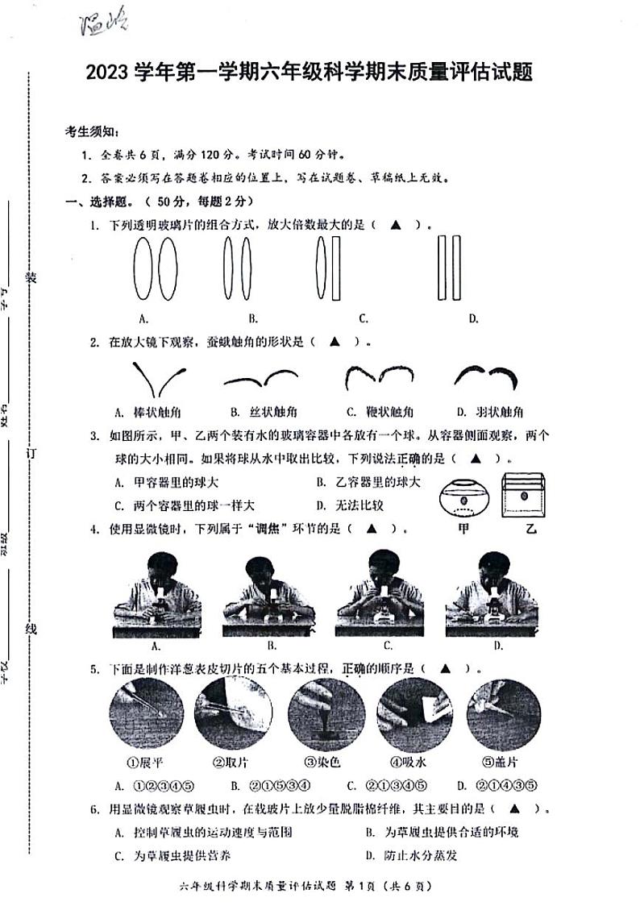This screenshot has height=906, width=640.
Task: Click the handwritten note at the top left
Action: [x=105, y=26]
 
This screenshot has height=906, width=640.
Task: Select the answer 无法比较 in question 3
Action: [x=360, y=505]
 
